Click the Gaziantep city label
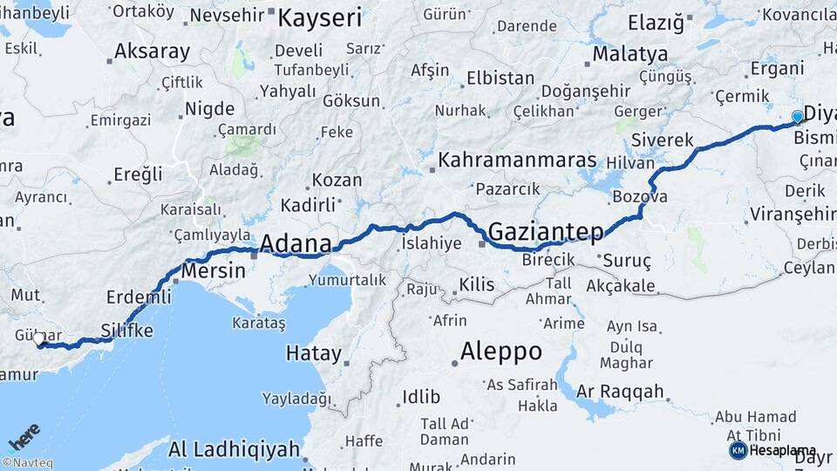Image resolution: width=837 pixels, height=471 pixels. coord(546,232)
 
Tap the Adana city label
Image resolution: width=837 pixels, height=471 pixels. coord(296,242)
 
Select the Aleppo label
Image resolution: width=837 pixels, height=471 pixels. coord(500,352)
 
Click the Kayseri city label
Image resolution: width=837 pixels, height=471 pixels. coord(320,17)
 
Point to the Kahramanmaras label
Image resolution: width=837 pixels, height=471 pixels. coord(517,160)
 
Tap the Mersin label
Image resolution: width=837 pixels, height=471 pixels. coord(214,270)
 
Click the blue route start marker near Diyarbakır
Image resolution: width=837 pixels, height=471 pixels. coord(797,117)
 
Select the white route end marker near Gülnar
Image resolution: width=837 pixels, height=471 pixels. coord(39,338)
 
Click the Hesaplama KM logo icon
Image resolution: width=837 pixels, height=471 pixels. coord(738,450)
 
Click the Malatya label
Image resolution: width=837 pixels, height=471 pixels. coord(629,54)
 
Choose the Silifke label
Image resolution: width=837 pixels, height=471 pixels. coord(127,330)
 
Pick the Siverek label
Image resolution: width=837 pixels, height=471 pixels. coord(662,140)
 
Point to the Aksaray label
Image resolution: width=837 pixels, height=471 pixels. coord(152,51)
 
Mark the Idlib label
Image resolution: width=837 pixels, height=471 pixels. coord(421,397)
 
